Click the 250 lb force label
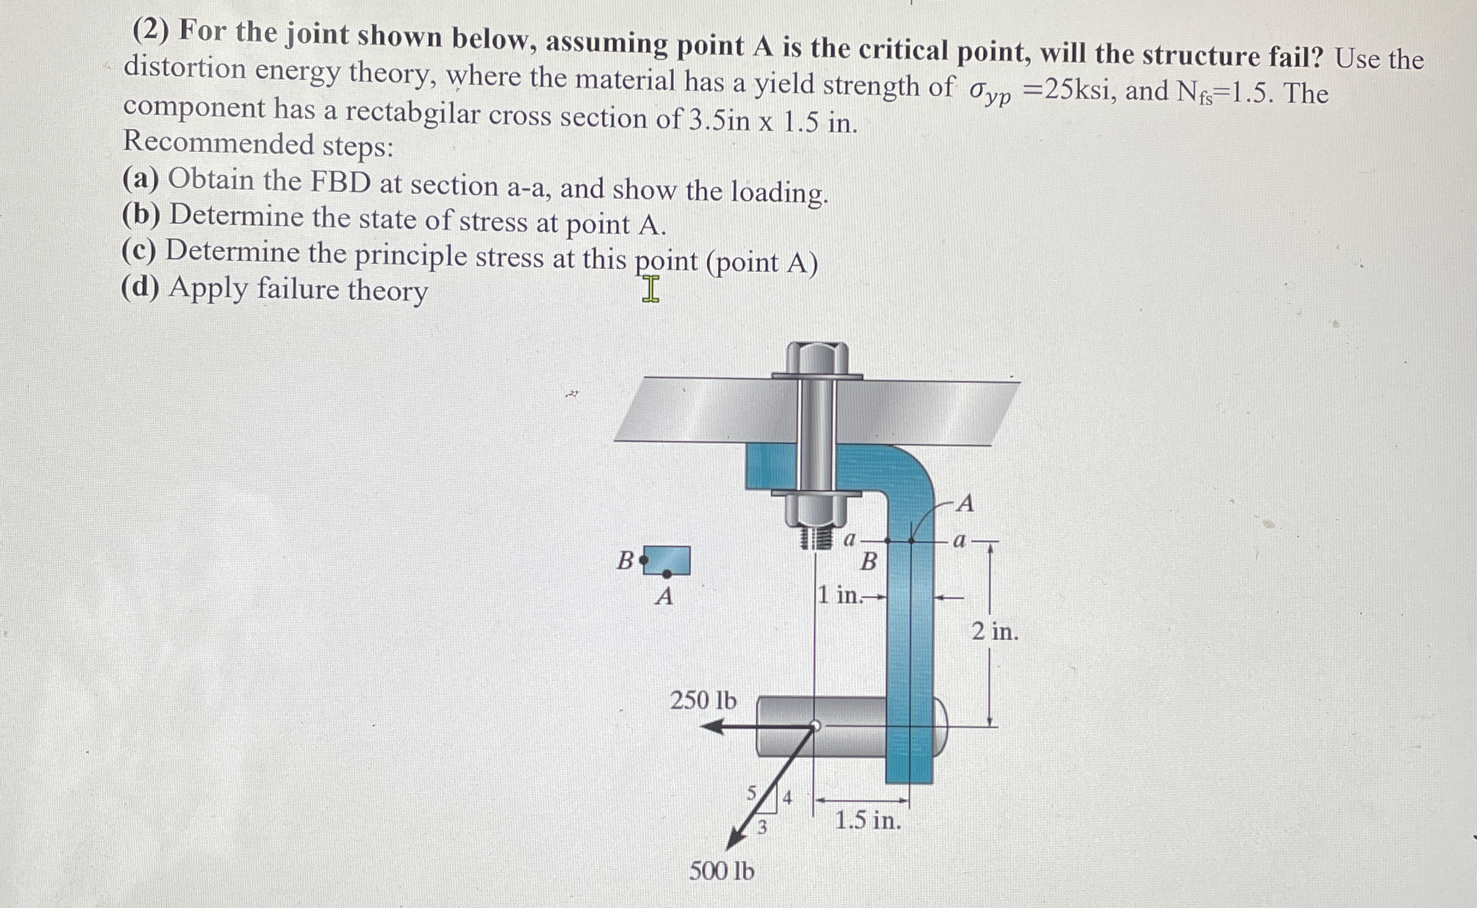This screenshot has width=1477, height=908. click(703, 700)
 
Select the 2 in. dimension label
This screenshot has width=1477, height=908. click(995, 632)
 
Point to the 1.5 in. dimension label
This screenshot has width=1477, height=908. click(868, 821)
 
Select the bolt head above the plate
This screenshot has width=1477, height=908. click(817, 358)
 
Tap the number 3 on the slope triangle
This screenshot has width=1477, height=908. click(761, 828)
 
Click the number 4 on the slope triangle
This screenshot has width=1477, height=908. click(787, 798)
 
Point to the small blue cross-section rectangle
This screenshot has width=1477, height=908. click(667, 559)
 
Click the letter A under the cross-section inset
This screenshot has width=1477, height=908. click(664, 597)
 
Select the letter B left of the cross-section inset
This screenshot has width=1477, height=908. click(625, 561)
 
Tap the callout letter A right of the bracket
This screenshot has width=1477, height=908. click(965, 503)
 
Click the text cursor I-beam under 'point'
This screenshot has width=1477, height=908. click(650, 289)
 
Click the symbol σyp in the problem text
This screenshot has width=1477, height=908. click(989, 93)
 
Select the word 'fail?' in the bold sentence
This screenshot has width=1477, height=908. click(1295, 56)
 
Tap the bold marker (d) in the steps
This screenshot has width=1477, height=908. click(140, 287)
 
